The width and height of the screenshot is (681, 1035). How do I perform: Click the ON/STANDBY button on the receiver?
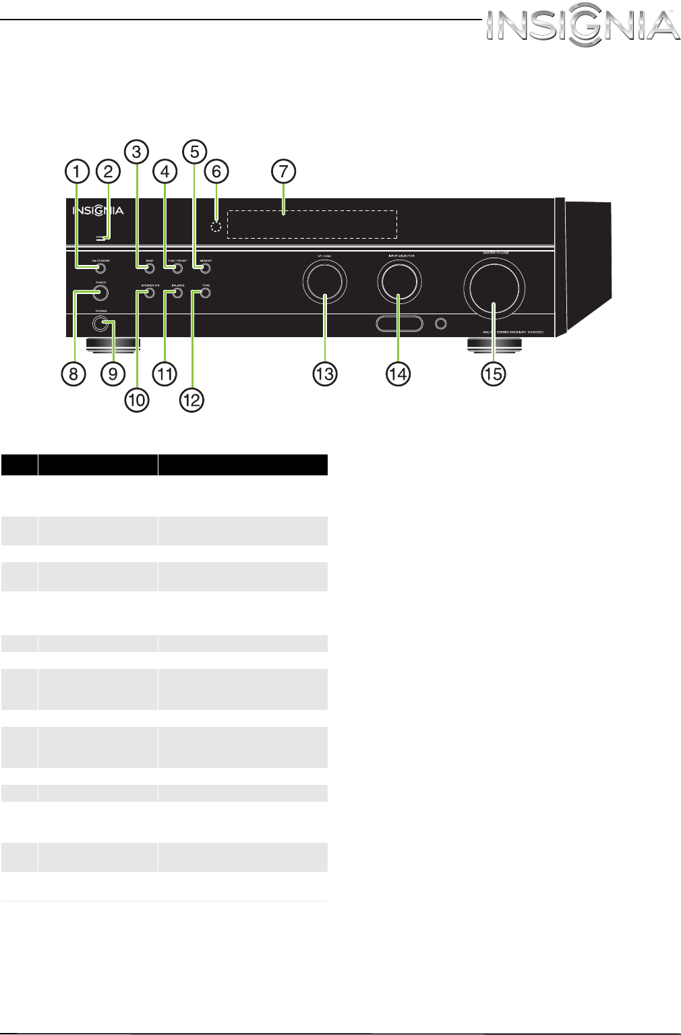click(100, 269)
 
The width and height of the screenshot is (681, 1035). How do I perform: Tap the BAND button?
click(150, 269)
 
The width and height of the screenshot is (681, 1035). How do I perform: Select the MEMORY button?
click(205, 269)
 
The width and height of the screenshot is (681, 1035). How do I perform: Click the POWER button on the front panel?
click(100, 293)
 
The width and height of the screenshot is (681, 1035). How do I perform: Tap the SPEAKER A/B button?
click(150, 293)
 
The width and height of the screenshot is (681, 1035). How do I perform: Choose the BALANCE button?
click(177, 293)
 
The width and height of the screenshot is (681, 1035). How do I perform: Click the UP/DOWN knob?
click(324, 281)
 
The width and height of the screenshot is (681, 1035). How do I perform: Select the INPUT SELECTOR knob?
click(399, 281)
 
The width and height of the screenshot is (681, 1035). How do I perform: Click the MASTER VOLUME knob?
click(494, 288)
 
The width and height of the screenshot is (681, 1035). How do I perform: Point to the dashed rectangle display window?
click(312, 225)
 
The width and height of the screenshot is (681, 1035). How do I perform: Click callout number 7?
click(284, 171)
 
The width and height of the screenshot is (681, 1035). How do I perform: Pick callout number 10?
click(136, 400)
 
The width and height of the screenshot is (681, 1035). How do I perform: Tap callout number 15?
click(494, 374)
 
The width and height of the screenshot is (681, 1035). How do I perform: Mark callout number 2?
click(108, 171)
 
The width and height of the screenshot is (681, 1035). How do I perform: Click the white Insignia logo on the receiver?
click(98, 210)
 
